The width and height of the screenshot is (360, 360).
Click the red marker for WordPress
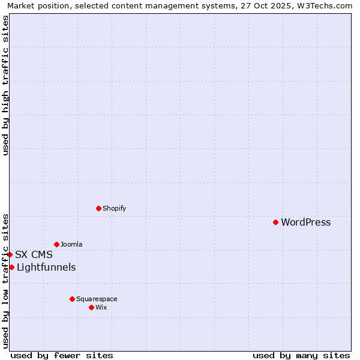click(275, 222)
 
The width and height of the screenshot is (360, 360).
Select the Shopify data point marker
click(98, 208)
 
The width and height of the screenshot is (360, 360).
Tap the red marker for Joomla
click(56, 244)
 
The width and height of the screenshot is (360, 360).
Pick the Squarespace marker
click(72, 299)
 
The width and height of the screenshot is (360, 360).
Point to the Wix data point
click(91, 307)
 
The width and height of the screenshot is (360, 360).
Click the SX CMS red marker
click(10, 254)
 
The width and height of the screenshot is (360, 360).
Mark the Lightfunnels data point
click(11, 267)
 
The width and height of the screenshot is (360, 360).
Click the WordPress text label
click(305, 222)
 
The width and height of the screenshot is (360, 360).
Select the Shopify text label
click(114, 208)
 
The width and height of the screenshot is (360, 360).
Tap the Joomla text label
click(71, 244)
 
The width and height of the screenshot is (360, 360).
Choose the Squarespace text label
click(97, 299)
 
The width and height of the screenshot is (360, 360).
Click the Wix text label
click(101, 307)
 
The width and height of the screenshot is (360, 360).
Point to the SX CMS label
click(34, 254)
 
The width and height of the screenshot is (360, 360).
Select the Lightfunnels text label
click(46, 267)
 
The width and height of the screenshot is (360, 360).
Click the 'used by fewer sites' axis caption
click(62, 355)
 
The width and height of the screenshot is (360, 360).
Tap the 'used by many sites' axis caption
click(301, 355)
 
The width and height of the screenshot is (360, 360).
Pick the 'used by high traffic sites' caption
click(5, 85)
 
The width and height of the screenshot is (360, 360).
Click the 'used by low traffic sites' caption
click(5, 281)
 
